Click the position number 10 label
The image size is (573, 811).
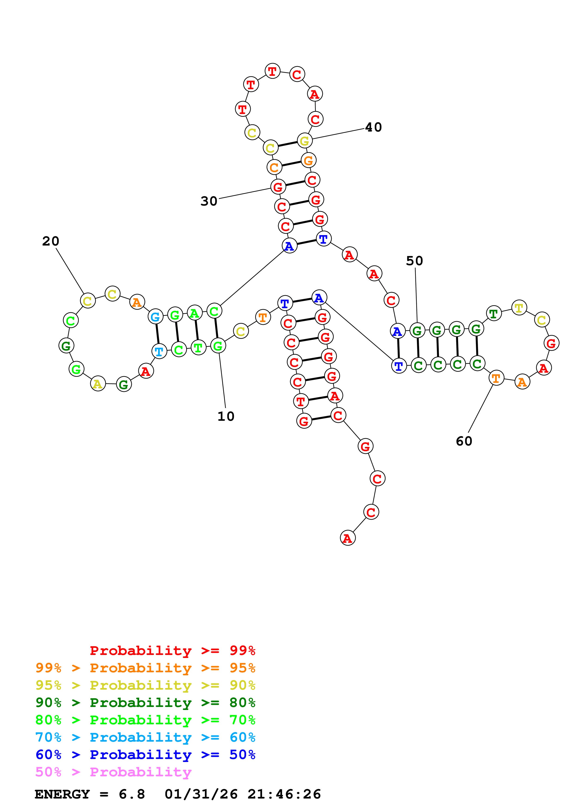point(226,416)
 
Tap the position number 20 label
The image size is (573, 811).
point(50,241)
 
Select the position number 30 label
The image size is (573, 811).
point(209,201)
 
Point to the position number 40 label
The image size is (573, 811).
point(373,127)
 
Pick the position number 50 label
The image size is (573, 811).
point(414,261)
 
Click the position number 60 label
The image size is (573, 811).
point(464,441)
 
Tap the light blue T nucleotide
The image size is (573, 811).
point(159,351)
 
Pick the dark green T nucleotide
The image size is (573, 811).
point(493,313)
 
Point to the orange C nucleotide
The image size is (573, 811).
point(274,167)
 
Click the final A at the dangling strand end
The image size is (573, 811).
point(347,538)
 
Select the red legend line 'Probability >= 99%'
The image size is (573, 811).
point(172,651)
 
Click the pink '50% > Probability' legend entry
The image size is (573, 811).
point(113,772)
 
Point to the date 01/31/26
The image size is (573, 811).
point(201,794)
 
